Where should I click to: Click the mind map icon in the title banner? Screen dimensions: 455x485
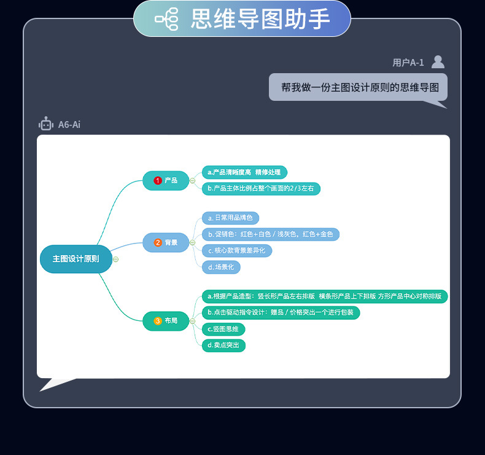pos(167,19)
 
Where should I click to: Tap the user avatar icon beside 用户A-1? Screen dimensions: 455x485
pos(438,61)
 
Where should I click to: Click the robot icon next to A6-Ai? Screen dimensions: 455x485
pos(46,124)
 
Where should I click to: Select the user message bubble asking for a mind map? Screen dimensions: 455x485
pos(358,87)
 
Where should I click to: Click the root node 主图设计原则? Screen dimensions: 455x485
pos(76,259)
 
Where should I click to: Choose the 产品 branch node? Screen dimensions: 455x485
pos(166,180)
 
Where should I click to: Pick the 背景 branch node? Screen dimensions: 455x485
pos(166,242)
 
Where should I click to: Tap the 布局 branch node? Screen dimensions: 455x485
pos(166,321)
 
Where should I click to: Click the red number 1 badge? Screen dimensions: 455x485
pos(158,180)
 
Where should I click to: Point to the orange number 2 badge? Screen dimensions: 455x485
pos(158,242)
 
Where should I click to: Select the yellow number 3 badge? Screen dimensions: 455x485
pos(158,321)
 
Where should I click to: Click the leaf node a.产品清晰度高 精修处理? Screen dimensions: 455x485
pos(244,172)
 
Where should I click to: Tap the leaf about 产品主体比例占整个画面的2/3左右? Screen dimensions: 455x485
pos(261,189)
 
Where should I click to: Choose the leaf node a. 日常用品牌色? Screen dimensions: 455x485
pos(230,218)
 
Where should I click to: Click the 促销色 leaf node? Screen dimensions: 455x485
pos(270,234)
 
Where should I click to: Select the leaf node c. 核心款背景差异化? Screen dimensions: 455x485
pos(236,251)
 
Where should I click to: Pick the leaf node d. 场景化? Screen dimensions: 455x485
pos(221,267)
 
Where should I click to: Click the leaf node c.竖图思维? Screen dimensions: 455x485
pos(223,329)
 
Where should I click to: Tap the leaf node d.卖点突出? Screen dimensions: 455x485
pos(223,346)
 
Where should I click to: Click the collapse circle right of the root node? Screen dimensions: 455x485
pos(116,259)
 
